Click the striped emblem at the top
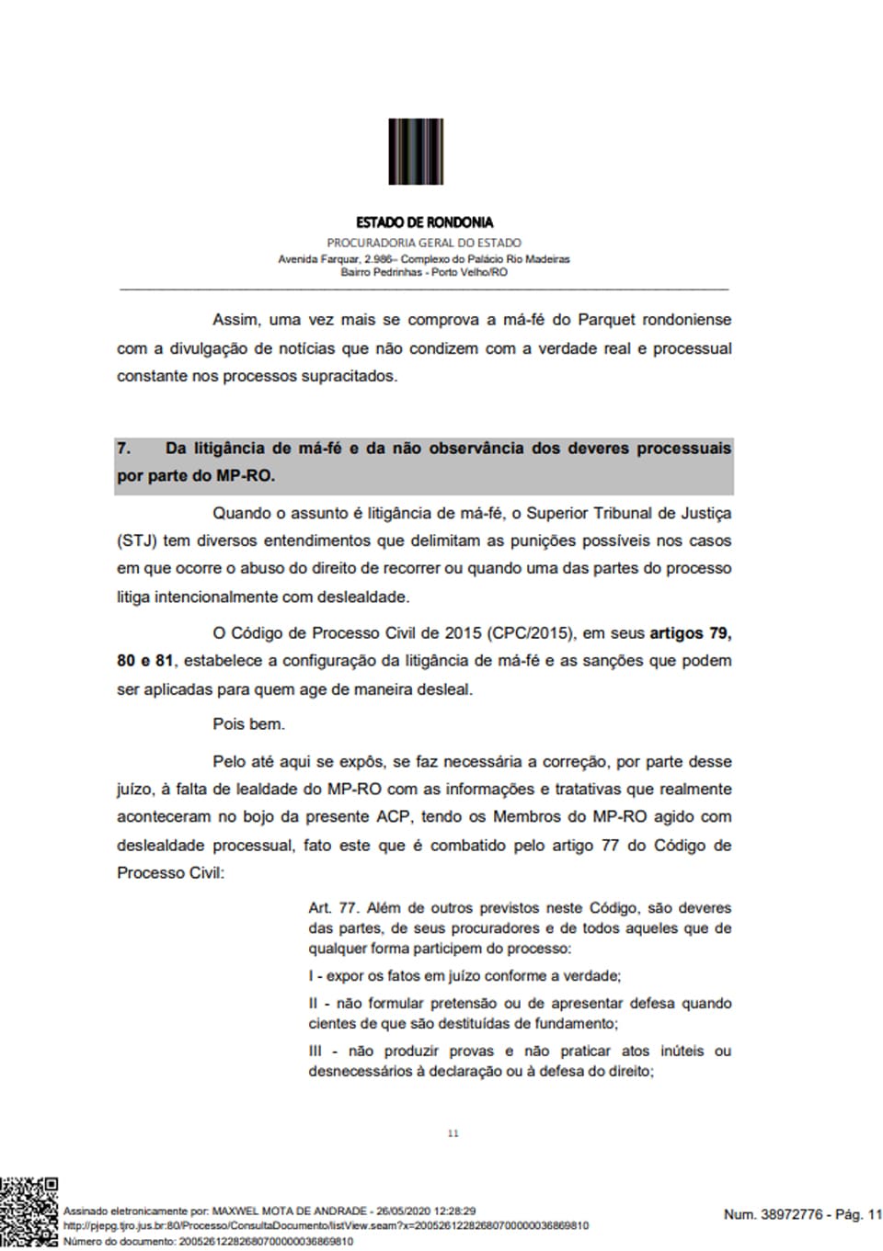point(416,152)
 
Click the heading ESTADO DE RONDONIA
point(424,222)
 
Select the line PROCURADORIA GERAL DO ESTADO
point(424,243)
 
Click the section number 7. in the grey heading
point(123,449)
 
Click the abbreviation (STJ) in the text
point(136,540)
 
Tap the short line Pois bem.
point(248,724)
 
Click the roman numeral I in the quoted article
point(311,976)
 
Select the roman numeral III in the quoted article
point(315,1051)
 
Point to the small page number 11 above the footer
point(453,1133)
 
